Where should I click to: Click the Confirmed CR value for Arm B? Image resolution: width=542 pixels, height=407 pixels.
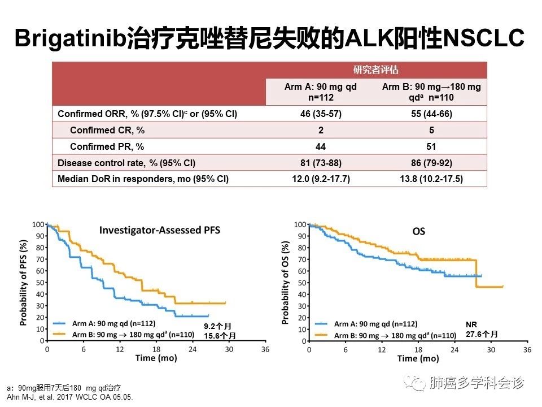[x=431, y=130]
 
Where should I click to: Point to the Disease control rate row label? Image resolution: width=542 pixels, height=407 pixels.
[x=126, y=163]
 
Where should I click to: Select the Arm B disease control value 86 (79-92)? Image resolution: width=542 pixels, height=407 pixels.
[x=431, y=163]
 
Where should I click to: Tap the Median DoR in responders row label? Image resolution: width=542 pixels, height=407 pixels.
[x=143, y=179]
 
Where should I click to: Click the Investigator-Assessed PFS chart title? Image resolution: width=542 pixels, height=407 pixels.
[x=160, y=230]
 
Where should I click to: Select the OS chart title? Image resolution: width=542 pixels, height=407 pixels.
[x=418, y=231]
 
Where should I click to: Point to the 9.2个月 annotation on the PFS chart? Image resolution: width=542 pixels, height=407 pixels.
[x=217, y=326]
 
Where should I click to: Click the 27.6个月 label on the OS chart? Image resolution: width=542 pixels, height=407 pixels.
[x=482, y=334]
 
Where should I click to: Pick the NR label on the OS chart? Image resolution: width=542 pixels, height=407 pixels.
[x=471, y=325]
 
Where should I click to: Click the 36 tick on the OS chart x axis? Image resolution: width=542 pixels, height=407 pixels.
[x=527, y=350]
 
